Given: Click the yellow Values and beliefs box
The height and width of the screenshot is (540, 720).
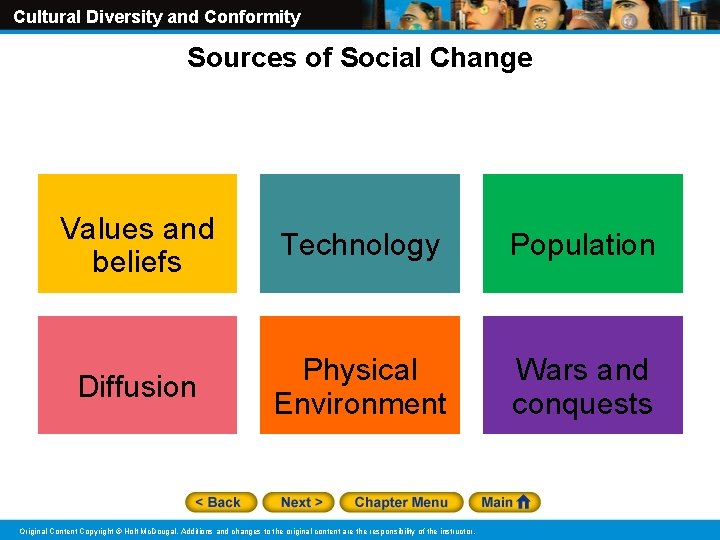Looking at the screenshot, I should tap(137, 234).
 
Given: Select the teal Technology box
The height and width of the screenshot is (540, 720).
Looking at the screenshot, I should tap(360, 234).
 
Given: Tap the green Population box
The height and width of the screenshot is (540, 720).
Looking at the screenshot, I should tap(582, 234).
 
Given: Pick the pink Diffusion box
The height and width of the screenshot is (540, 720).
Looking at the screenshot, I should tap(137, 376).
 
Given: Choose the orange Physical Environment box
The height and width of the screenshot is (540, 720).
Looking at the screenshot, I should tap(360, 376).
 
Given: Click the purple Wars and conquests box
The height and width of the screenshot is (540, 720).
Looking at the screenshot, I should tap(582, 376).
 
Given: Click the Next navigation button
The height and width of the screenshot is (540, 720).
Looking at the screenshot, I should tap(301, 502).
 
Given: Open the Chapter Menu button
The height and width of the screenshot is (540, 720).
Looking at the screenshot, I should tap(401, 502).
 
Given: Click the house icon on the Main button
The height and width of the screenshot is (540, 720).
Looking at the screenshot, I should tap(526, 502).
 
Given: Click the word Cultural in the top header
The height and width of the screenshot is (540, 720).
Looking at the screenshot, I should tap(45, 17).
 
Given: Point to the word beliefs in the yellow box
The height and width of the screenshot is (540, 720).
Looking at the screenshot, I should tap(137, 262).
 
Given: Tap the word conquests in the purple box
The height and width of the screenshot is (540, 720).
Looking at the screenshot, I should tap(582, 404).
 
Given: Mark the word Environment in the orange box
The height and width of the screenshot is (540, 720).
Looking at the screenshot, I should tap(360, 404).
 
